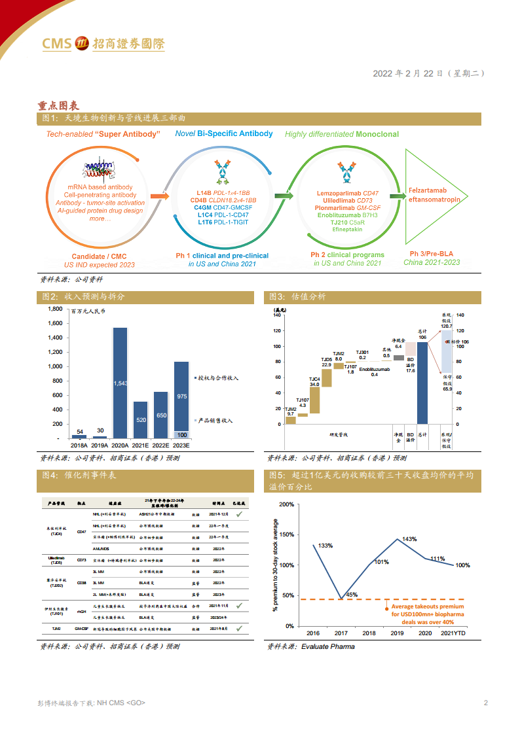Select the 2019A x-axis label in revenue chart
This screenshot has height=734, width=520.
click(x=100, y=445)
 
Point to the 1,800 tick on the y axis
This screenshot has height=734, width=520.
click(x=55, y=309)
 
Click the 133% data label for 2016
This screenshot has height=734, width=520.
click(x=325, y=545)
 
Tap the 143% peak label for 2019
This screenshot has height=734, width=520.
click(x=409, y=539)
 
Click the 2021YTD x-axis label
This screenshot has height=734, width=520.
click(x=453, y=634)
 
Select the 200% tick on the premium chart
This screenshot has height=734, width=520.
click(x=286, y=504)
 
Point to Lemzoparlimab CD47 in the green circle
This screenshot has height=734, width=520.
click(x=347, y=194)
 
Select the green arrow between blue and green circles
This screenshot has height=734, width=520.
click(x=284, y=196)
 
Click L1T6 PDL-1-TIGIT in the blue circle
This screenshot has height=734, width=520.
click(x=223, y=222)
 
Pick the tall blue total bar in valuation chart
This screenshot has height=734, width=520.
click(x=422, y=383)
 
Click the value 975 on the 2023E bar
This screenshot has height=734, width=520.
click(x=181, y=396)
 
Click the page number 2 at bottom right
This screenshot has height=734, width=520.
click(x=485, y=703)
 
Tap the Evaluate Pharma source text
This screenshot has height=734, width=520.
click(x=327, y=646)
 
